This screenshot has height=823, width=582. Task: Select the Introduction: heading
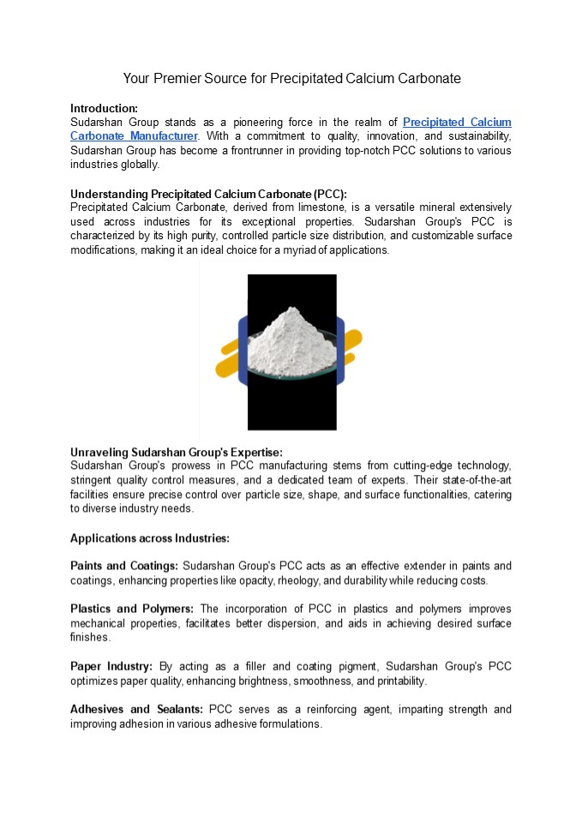[x=104, y=108]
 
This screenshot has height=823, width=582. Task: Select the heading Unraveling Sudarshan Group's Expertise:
[x=176, y=452]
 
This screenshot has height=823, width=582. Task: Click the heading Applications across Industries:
[x=150, y=538]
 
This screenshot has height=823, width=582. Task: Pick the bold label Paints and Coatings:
[x=124, y=566]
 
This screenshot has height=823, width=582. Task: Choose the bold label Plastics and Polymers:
[x=132, y=609]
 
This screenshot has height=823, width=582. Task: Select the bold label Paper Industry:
[x=111, y=666]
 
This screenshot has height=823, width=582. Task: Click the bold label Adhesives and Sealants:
[x=136, y=709]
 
